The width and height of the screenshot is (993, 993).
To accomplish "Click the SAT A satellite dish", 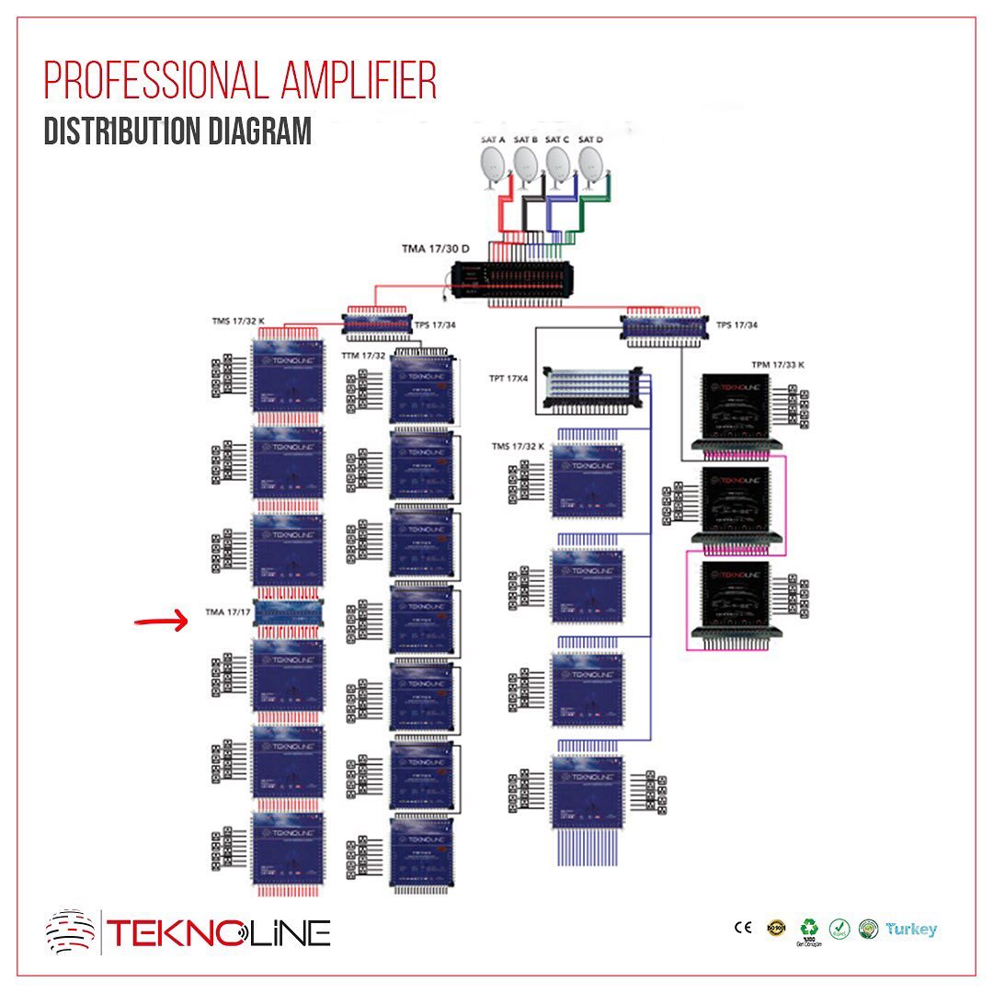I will point(494,167).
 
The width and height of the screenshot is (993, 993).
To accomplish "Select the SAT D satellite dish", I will point(592,167).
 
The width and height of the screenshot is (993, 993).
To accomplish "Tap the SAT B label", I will point(526,140).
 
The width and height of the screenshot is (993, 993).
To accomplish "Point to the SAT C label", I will point(556,140).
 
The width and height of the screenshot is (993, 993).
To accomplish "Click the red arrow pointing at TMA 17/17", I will point(162,622).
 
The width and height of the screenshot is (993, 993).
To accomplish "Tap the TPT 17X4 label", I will point(508,378).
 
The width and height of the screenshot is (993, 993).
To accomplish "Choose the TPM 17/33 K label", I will point(777,364).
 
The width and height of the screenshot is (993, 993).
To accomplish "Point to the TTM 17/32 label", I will point(362,355).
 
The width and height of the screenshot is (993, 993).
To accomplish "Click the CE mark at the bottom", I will point(743,928).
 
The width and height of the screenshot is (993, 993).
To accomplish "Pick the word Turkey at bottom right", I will point(911,929).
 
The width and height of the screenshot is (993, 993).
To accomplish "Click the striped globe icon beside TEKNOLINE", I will point(71,931).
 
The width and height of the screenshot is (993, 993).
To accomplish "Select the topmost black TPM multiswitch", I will point(735,405).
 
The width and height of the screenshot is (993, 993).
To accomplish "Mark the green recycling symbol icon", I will point(809,926).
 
